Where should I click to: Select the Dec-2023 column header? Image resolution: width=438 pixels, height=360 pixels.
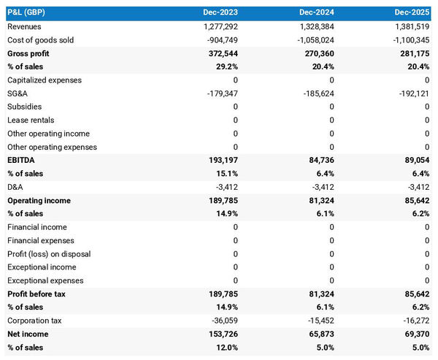[x=220, y=13]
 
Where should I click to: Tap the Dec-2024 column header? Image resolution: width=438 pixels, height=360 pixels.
[x=316, y=13]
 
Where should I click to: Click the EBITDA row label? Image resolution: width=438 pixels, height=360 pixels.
[x=21, y=160]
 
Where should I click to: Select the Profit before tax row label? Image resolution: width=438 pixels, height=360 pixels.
[x=36, y=294]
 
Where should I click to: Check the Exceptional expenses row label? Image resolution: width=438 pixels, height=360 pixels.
[x=45, y=280]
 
